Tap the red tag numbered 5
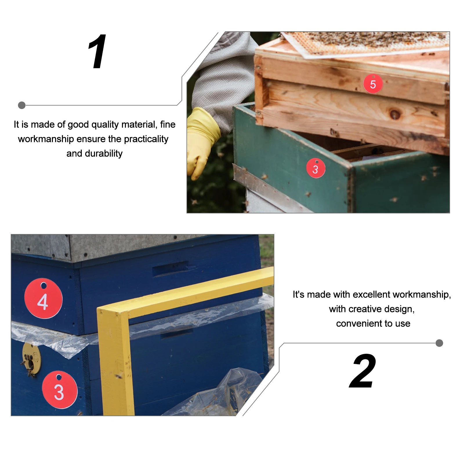coord(373,84)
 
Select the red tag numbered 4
coord(43,298)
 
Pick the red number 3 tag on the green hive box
coord(316,168)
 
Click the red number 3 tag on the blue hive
coord(59,390)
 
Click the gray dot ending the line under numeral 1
coord(22,105)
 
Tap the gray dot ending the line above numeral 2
coord(439,343)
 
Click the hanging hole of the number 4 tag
coord(43,285)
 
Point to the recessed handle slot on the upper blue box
coord(170,268)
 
